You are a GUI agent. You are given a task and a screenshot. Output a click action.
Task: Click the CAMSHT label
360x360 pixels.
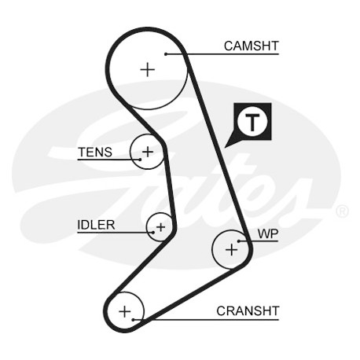(x=252, y=46)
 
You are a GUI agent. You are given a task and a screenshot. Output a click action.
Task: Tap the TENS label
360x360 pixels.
(x=95, y=152)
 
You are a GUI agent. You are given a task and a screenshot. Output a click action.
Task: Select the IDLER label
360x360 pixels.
(x=96, y=225)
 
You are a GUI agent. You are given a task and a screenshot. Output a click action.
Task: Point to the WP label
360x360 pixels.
(x=268, y=233)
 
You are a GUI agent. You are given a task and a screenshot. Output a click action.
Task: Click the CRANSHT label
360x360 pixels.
(x=248, y=311)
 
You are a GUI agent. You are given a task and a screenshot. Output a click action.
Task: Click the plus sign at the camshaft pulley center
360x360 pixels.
(x=148, y=70)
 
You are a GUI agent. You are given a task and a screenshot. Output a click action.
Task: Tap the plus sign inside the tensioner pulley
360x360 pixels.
(x=148, y=152)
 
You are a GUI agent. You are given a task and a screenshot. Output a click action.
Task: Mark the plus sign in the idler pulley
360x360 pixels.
(x=160, y=227)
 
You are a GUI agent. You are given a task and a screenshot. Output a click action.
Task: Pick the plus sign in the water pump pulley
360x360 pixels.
(x=232, y=249)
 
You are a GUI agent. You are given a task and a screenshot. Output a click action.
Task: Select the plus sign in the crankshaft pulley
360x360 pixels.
(x=125, y=311)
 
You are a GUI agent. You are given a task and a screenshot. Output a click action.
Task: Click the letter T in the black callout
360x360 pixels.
(x=252, y=123)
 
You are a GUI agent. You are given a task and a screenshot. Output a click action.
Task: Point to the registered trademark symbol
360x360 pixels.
(x=342, y=211)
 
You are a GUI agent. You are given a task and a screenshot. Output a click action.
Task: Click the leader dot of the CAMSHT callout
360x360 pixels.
(x=166, y=54)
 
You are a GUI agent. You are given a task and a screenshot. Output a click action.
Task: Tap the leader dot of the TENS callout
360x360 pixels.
(x=140, y=160)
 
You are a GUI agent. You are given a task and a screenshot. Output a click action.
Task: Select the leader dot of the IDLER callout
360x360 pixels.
(x=153, y=232)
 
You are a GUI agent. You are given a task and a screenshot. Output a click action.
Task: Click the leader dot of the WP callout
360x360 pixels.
(x=239, y=241)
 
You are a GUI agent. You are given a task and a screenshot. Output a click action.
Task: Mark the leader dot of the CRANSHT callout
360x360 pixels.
(x=133, y=320)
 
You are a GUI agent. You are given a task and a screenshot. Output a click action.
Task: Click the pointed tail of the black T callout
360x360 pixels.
(x=225, y=147)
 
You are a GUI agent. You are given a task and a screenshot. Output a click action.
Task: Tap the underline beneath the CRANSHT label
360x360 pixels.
(x=206, y=320)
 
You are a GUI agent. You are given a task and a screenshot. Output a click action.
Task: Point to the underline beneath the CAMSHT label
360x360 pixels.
(x=222, y=54)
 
